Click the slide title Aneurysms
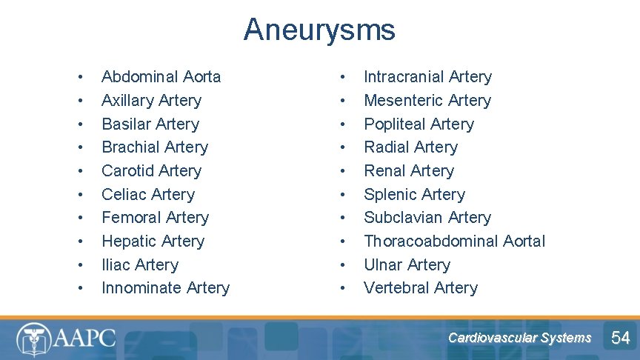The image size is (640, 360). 319,30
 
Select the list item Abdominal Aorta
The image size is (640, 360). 161,77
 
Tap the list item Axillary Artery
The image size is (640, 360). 151,101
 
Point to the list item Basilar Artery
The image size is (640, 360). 150,124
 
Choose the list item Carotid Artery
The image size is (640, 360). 151,170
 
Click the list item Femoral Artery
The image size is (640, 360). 155,218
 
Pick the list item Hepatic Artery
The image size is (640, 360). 153,241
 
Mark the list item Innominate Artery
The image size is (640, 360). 165,288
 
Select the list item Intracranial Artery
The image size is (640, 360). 427,77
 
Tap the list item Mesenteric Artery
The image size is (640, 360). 427,101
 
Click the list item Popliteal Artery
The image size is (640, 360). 419,124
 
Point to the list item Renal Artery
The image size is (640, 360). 409,170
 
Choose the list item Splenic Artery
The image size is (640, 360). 414,194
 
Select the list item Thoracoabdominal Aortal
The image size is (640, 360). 454,241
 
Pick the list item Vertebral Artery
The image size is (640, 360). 421,288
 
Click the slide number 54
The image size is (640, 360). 620,339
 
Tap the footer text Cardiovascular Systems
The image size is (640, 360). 519,338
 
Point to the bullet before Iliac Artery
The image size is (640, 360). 80,264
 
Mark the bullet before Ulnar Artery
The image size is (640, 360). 342,264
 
